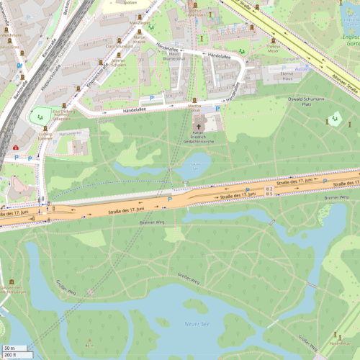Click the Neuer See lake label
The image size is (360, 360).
pos(196,324)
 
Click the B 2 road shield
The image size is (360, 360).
pos(269,189)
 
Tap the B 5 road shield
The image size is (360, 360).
pos(269,194)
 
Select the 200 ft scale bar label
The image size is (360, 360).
pos(10,355)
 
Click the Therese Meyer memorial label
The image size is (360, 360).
pos(272,48)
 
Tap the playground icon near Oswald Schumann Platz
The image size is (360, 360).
pos(333,120)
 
